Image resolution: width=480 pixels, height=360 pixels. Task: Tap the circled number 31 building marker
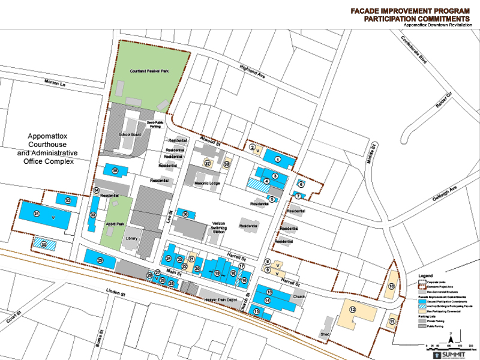(x=36, y=214)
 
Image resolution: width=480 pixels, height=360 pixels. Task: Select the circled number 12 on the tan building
(x=353, y=310)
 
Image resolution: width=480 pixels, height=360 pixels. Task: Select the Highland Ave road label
(x=252, y=72)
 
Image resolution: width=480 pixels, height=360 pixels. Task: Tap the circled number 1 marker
(x=278, y=159)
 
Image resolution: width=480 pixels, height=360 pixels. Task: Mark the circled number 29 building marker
(x=100, y=259)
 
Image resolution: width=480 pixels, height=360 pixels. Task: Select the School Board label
(x=129, y=135)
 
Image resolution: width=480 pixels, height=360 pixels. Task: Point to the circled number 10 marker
(x=391, y=287)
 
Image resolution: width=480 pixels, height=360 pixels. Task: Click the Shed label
(x=325, y=334)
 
